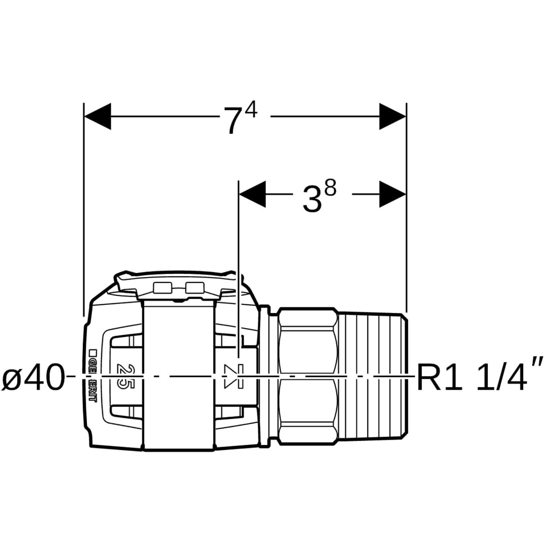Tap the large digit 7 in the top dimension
(x=233, y=120)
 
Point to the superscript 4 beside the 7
(x=251, y=108)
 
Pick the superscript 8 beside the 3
(x=330, y=189)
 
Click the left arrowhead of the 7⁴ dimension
(x=98, y=116)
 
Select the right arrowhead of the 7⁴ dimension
(x=393, y=116)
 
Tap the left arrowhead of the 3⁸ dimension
(x=253, y=194)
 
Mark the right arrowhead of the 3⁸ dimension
(x=393, y=194)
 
